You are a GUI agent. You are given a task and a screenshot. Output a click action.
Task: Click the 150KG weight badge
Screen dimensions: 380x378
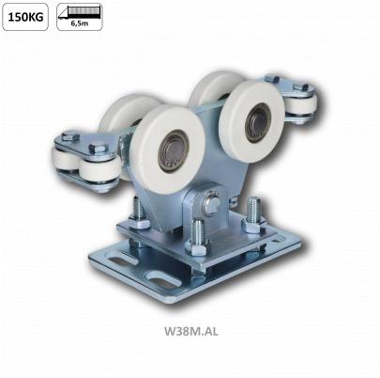click(x=25, y=17)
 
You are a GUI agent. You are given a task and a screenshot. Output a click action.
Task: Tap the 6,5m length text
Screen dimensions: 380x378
click(x=80, y=24)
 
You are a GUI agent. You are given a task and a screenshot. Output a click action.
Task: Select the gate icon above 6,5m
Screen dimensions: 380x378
click(x=80, y=12)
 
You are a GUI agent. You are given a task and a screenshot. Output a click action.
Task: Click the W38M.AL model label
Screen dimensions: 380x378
click(x=191, y=331)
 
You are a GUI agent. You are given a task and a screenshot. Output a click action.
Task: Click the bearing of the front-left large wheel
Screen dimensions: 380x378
click(x=173, y=150)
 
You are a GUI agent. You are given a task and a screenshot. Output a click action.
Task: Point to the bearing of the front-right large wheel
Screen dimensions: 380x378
click(x=258, y=122)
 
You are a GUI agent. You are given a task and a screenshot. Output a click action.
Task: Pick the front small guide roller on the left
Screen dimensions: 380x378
click(x=99, y=169)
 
